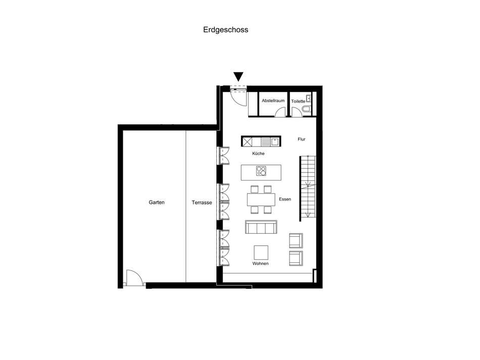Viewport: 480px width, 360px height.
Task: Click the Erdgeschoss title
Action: (225, 30)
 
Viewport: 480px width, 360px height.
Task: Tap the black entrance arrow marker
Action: (238, 77)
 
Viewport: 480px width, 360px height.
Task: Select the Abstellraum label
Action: (273, 101)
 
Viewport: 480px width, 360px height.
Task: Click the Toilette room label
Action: (299, 101)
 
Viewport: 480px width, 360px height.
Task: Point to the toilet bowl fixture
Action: (307, 110)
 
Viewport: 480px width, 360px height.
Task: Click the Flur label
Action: (302, 139)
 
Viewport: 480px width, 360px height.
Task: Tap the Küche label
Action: (259, 153)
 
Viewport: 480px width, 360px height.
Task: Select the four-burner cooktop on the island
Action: (261, 171)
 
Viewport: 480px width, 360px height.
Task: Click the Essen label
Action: (285, 199)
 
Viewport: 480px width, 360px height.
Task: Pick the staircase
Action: (307, 187)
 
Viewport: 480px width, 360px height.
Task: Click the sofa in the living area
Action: (261, 227)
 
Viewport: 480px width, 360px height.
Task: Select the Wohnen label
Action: (261, 264)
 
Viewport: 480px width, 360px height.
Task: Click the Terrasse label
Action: (202, 202)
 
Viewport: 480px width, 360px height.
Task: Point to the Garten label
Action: (157, 202)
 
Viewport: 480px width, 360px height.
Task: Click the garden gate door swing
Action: (133, 278)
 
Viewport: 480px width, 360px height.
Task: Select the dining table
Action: (261, 199)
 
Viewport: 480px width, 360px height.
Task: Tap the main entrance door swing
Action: (238, 96)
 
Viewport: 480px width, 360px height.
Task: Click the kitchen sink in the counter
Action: (274, 142)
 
